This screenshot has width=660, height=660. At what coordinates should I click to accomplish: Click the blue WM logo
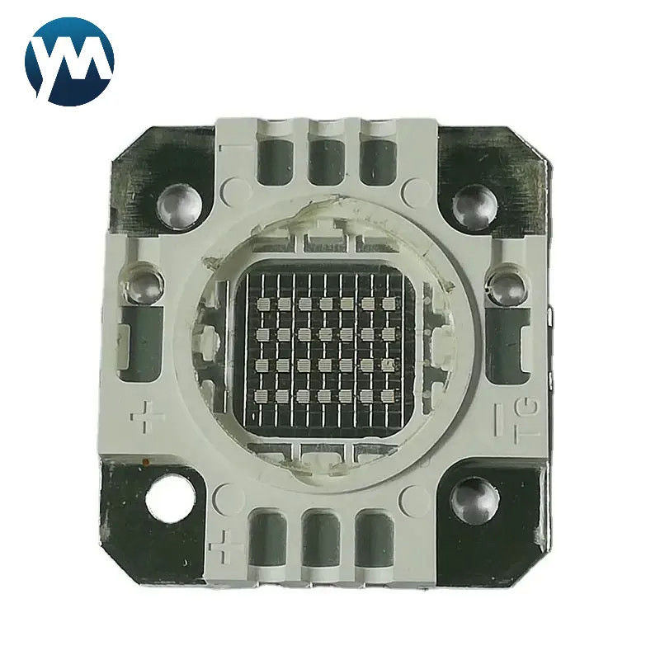click(x=69, y=61)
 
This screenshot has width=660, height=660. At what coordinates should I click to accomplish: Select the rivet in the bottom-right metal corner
click(x=476, y=498)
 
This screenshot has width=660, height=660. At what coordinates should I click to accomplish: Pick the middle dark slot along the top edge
click(x=328, y=160)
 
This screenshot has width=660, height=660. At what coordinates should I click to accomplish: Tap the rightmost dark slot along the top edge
click(x=378, y=160)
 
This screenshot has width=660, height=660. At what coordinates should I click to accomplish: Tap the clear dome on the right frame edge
click(x=504, y=287)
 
